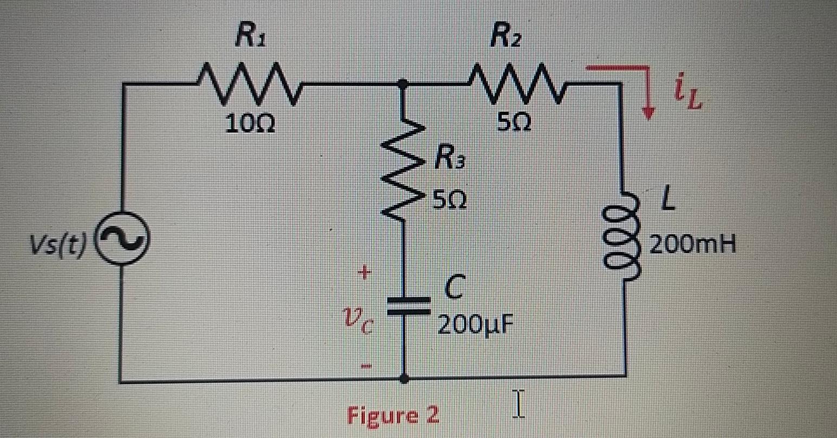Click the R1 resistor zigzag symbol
tap(250, 84)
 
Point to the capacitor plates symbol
tap(404, 305)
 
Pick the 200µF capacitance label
tap(475, 325)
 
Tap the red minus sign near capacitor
tap(366, 368)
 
